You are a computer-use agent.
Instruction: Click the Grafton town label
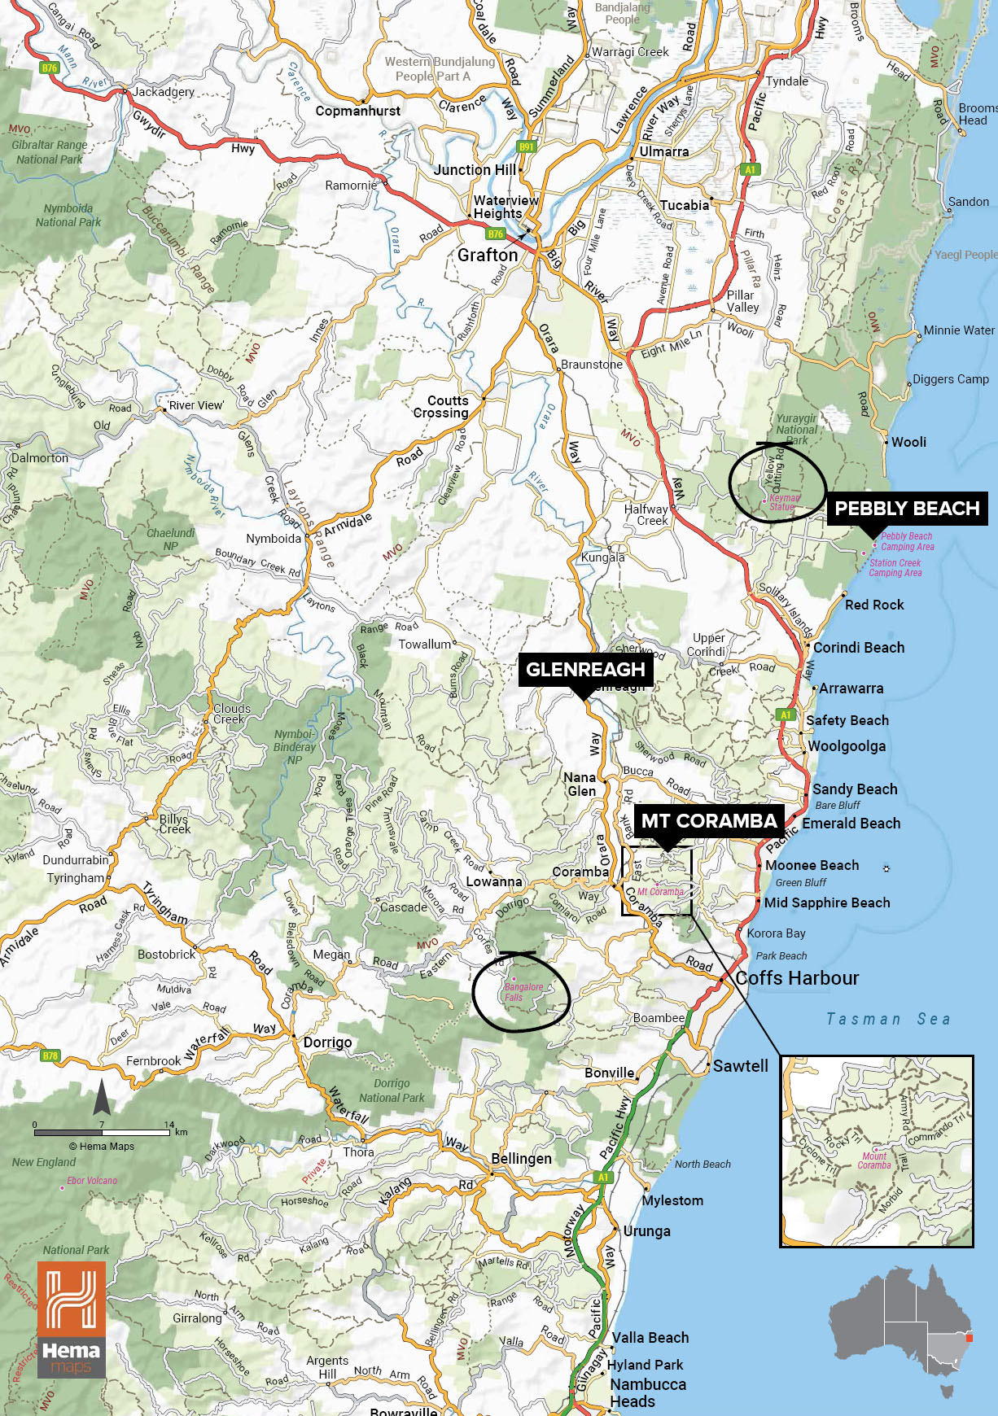(487, 256)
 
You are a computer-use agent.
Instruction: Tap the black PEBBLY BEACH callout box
(906, 509)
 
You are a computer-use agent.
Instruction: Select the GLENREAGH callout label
(584, 670)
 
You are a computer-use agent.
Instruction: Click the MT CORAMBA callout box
(708, 821)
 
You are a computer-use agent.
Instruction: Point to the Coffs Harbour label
(797, 978)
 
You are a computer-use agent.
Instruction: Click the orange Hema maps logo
(71, 1318)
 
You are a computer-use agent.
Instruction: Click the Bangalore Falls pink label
(523, 992)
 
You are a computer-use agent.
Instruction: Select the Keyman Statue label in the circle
(784, 502)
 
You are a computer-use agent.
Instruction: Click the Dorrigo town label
(327, 1042)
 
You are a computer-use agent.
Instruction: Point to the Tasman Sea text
(887, 1019)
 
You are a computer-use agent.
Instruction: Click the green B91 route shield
(527, 147)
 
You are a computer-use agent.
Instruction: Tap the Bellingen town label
(521, 1158)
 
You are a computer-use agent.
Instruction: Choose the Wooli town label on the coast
(908, 442)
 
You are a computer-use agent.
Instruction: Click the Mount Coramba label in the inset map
(874, 1160)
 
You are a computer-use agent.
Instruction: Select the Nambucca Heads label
(647, 1392)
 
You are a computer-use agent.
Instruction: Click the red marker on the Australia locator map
(969, 1337)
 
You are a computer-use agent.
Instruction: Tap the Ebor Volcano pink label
(91, 1180)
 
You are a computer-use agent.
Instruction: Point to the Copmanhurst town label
(357, 111)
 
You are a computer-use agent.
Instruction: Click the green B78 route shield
(50, 1055)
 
